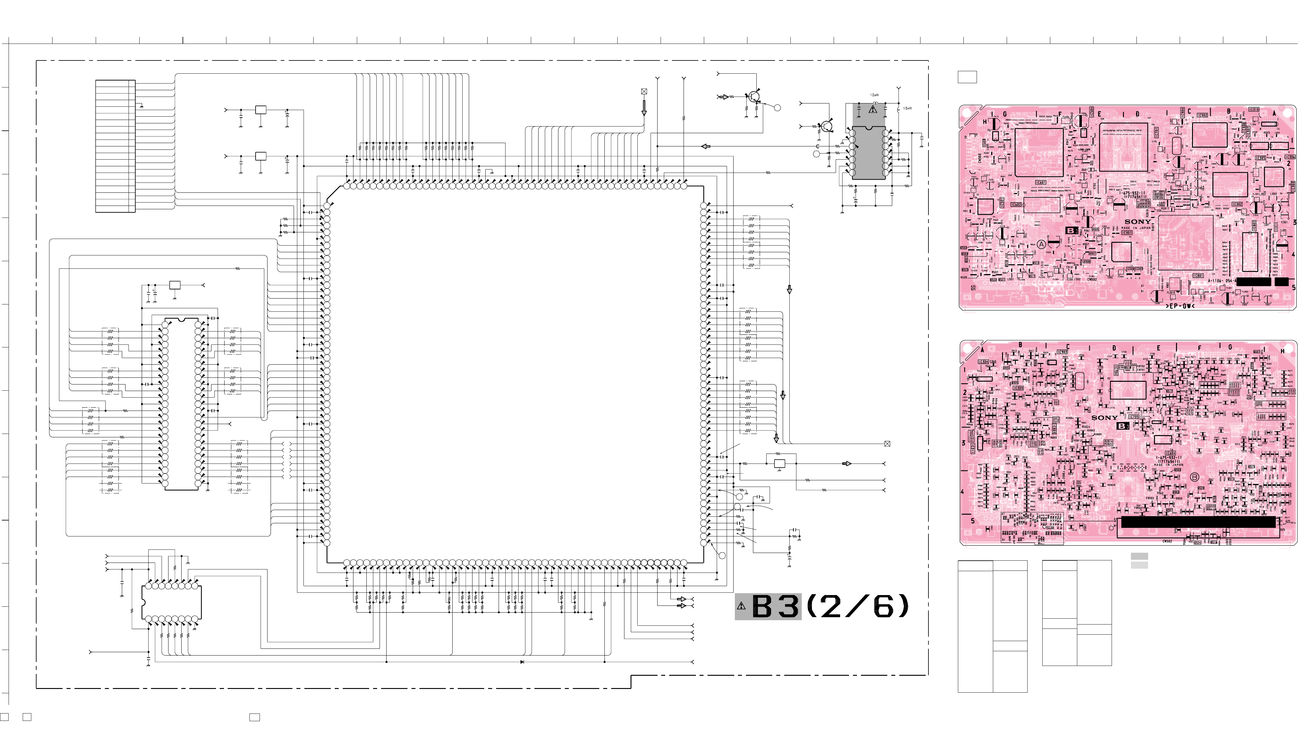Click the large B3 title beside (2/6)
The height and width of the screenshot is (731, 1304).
coord(776,606)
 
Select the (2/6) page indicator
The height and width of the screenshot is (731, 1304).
coord(858,606)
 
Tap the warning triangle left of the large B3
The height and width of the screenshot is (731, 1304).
coord(742,606)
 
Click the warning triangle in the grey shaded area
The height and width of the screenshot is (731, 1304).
coord(873,109)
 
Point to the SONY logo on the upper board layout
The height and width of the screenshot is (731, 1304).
coord(1137,222)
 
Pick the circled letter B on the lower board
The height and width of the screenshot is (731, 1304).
coord(1194,477)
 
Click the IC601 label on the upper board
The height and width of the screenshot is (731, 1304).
coord(1040,182)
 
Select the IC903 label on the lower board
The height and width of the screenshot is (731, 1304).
coord(1062,352)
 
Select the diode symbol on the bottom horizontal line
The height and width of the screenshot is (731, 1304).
coord(522,662)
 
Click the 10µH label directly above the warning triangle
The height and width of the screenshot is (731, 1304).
coord(874,95)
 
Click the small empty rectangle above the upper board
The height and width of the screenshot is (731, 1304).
coord(967,77)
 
